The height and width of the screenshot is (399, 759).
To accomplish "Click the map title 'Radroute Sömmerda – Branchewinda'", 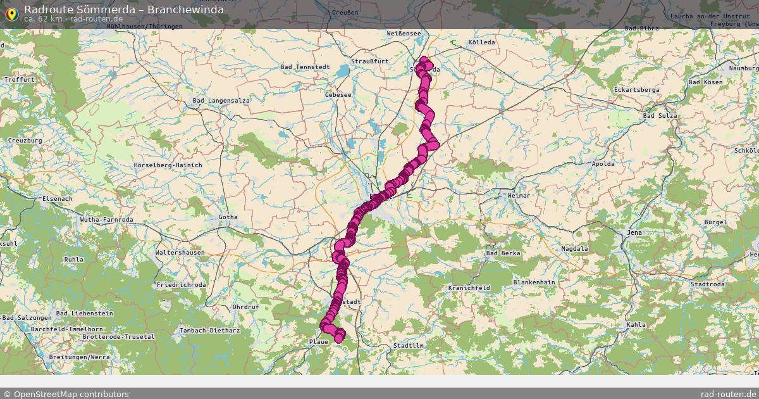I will [123, 9].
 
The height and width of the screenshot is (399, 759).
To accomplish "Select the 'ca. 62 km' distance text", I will [43, 18].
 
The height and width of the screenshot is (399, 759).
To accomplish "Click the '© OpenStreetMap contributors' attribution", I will [66, 394].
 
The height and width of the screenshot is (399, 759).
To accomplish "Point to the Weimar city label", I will [519, 196].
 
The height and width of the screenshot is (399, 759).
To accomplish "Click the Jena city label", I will [634, 232].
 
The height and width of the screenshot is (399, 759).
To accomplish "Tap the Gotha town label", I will [228, 217].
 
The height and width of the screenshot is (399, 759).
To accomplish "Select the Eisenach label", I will [57, 198].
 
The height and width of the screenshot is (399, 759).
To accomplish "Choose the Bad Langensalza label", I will [221, 101].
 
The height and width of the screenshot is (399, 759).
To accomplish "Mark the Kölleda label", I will [482, 42].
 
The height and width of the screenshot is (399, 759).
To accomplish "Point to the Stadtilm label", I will [408, 346].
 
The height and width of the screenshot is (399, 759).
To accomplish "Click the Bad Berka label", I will [503, 253].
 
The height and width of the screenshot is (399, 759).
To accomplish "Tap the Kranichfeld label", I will [469, 288].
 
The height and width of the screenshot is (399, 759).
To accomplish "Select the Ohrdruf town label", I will [246, 307].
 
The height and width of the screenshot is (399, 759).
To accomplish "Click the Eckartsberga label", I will [636, 90].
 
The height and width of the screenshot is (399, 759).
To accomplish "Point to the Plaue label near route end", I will [319, 342].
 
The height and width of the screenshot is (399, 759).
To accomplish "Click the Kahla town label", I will [636, 325].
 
